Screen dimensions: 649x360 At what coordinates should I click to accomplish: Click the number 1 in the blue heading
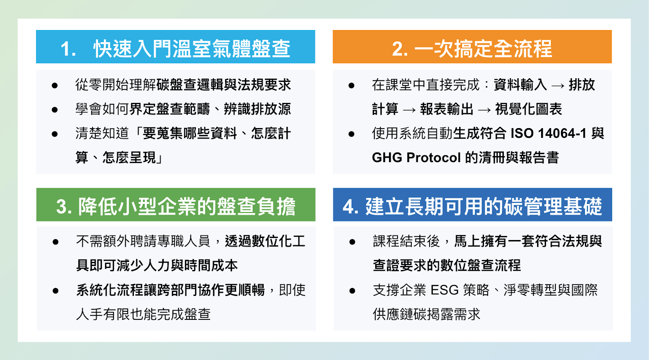(66, 48)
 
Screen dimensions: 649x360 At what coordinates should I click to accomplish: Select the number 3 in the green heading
(61, 206)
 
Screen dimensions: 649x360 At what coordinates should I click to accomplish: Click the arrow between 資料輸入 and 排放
(558, 86)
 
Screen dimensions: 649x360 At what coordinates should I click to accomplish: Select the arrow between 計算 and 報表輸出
(409, 110)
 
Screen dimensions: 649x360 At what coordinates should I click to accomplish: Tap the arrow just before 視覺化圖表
(484, 110)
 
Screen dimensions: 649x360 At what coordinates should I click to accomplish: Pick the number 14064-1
(562, 133)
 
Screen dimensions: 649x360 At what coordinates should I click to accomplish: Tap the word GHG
(387, 158)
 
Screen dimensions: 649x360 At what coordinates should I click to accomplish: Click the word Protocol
(434, 158)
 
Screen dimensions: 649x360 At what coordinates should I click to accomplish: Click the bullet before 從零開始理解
(55, 86)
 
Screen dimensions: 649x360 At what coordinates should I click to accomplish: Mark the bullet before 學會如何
(55, 110)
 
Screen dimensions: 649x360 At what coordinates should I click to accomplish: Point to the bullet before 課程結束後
(352, 242)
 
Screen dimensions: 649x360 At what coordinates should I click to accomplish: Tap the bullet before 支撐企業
(352, 291)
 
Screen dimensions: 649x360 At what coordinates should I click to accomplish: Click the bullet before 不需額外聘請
(56, 242)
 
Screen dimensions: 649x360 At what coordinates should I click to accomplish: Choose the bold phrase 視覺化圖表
(529, 109)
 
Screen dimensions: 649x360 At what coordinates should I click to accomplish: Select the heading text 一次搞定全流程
(483, 48)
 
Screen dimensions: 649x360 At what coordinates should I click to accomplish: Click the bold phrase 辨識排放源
(257, 109)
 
